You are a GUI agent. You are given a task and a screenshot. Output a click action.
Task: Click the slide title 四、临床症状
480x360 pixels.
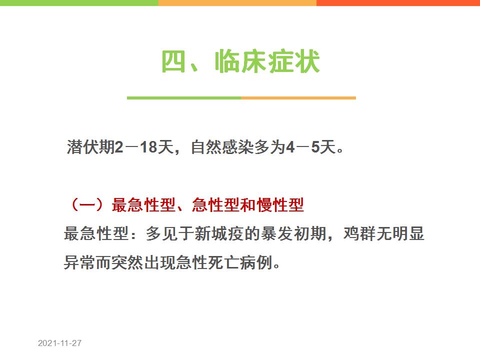coord(240,61)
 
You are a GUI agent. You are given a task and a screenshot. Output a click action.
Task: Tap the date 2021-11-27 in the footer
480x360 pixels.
coord(59,343)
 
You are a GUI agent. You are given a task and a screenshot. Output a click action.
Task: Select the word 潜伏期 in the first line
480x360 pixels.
coord(90,147)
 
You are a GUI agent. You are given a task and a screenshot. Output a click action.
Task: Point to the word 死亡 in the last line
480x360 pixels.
coord(223,262)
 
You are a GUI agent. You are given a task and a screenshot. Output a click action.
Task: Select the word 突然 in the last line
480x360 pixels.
coord(127,262)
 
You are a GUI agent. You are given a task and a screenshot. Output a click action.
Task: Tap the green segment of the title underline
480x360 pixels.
coord(184,98)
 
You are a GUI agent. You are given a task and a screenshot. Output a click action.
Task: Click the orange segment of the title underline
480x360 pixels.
coord(298,98)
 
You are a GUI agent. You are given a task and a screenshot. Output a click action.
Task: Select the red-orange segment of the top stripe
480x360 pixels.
coord(398,3)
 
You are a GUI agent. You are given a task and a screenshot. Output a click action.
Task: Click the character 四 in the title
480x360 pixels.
coord(173,61)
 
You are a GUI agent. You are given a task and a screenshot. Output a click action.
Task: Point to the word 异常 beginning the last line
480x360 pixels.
coord(79,262)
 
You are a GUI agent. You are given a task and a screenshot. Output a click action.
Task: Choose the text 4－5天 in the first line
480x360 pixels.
coord(310,147)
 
